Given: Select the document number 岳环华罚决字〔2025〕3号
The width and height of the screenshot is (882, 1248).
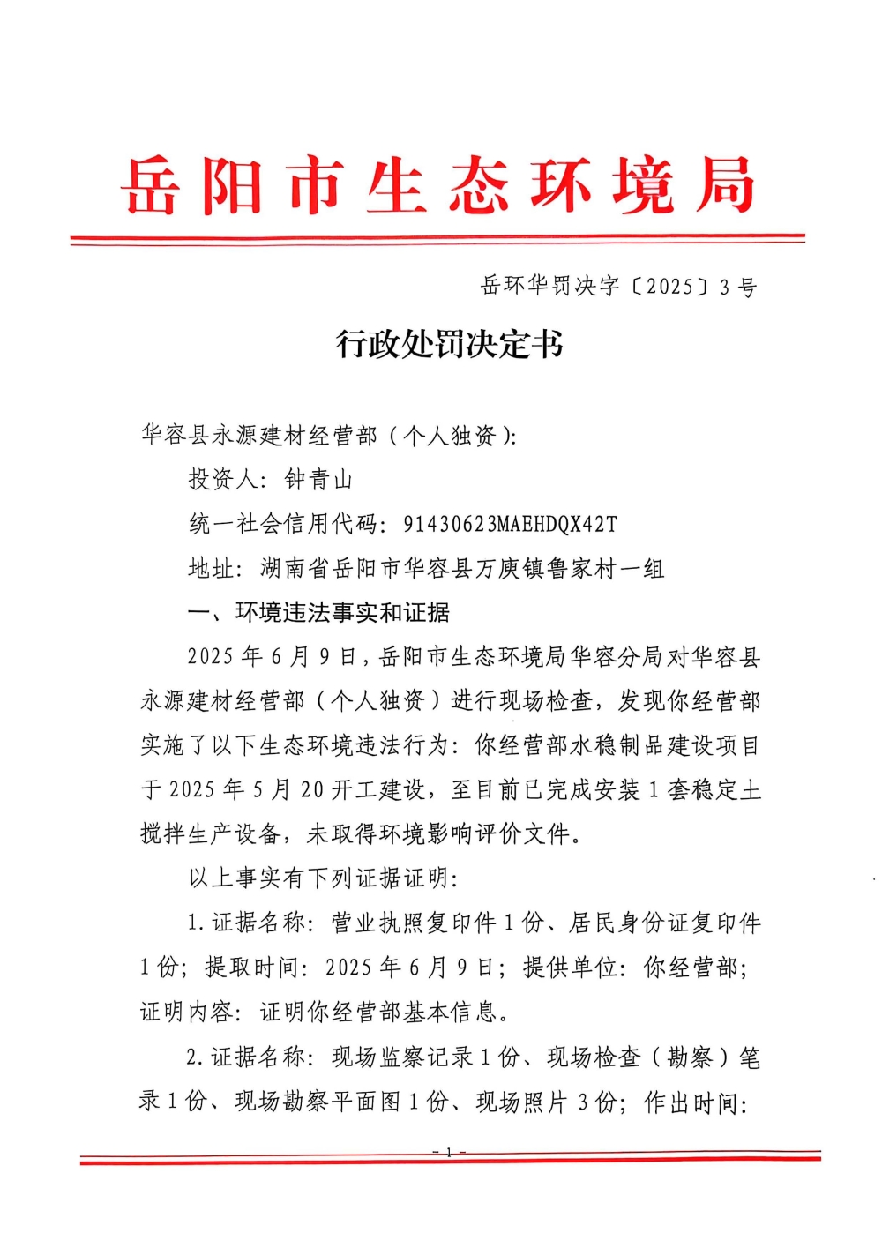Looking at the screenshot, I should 618,287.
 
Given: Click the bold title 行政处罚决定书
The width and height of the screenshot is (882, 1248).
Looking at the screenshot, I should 449,344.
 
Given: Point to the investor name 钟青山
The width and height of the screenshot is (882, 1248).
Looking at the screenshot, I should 318,480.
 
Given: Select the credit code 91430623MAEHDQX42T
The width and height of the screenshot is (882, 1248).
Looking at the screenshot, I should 510,525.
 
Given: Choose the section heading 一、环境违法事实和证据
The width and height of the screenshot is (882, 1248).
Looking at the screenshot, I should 318,613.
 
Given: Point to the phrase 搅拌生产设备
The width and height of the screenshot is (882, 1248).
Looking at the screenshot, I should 211,833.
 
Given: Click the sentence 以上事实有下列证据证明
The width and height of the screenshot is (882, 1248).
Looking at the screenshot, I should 318,878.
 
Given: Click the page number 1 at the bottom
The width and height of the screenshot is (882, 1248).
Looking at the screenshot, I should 449,1153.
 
